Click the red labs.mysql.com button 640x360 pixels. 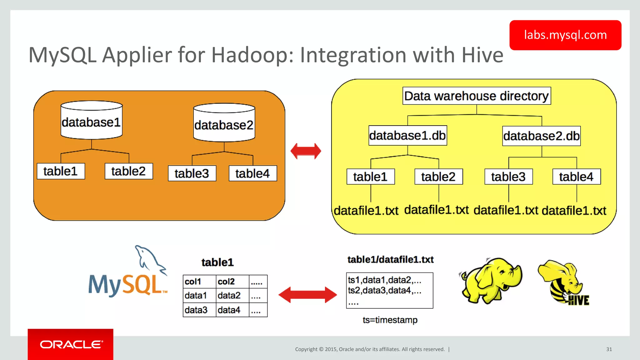(565, 35)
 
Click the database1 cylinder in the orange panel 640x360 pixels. (91, 121)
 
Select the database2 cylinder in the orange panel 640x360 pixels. (224, 124)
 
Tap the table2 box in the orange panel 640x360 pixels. (128, 171)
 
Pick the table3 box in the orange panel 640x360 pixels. (192, 173)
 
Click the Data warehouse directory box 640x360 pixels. (476, 96)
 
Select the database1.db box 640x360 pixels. (407, 135)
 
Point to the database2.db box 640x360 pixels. (541, 136)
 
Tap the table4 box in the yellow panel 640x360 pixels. (576, 177)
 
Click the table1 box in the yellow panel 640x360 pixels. (370, 177)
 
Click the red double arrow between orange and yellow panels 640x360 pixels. (306, 151)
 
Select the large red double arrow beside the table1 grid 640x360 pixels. (307, 295)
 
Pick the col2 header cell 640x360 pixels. (232, 282)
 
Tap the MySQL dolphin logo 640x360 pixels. (128, 273)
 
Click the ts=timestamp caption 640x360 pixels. (390, 320)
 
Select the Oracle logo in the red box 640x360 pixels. (71, 344)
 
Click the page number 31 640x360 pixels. (609, 349)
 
